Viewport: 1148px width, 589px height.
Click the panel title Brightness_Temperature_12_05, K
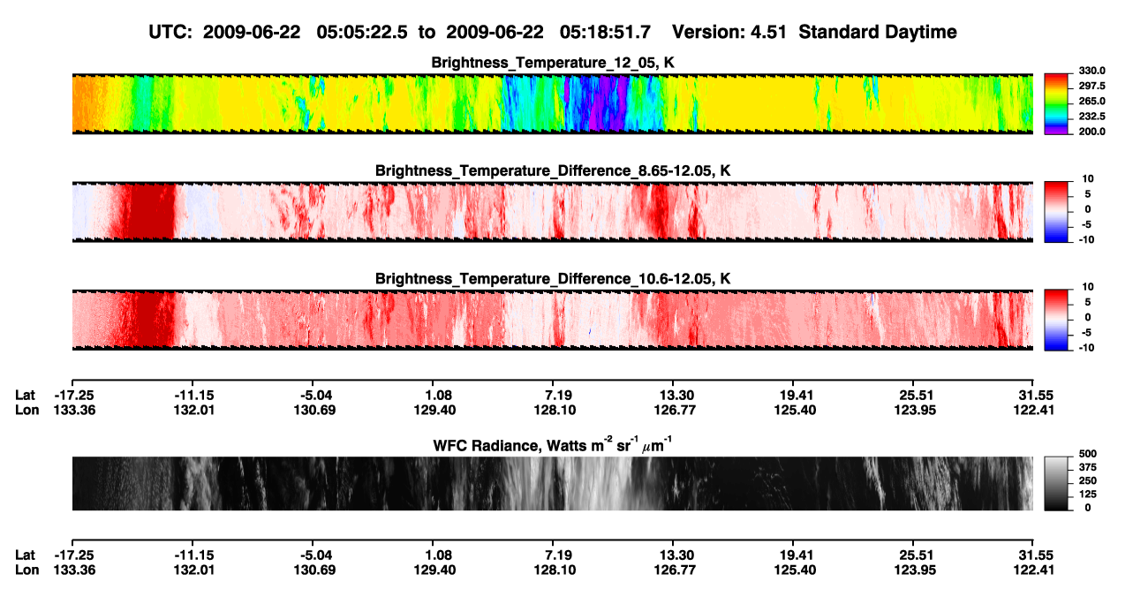click(x=553, y=63)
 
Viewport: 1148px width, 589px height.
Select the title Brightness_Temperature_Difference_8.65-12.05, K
click(x=553, y=170)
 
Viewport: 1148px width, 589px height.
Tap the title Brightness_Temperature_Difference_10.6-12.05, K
click(x=553, y=279)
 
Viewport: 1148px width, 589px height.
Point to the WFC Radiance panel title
click(x=553, y=444)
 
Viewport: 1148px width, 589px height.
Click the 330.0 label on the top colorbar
click(x=1091, y=71)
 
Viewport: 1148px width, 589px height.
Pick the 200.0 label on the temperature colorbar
click(x=1091, y=132)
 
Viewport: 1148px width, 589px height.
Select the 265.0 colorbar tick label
click(x=1091, y=101)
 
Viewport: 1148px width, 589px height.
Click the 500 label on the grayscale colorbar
click(x=1088, y=454)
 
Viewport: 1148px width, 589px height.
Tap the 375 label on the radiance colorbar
click(x=1088, y=467)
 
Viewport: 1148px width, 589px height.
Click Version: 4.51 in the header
click(x=729, y=33)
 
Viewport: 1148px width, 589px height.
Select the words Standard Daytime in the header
click(x=878, y=33)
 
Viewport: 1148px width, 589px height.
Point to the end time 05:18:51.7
click(x=605, y=33)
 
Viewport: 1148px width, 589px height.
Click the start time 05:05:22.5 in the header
click(x=362, y=33)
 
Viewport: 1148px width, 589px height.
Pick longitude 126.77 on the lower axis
click(x=675, y=570)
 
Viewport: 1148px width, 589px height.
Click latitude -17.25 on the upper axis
click(x=74, y=396)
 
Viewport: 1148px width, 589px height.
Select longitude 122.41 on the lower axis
click(x=1033, y=570)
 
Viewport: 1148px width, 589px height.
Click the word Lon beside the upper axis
click(x=27, y=410)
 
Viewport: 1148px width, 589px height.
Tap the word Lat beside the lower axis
click(x=25, y=555)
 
